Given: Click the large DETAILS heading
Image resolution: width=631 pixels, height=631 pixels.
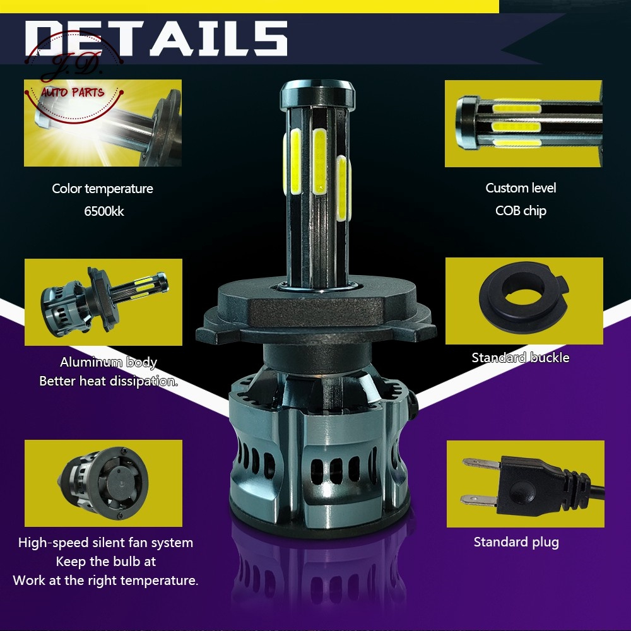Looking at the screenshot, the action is [156, 38].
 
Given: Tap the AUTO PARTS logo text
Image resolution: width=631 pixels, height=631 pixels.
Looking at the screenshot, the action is [73, 93].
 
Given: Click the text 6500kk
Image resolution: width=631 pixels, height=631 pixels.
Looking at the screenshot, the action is [104, 211].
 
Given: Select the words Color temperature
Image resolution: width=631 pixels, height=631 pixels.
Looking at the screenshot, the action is [102, 189].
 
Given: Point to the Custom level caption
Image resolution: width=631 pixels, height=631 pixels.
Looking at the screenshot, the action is [521, 188].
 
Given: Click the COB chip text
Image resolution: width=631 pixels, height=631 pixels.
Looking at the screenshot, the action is [521, 211].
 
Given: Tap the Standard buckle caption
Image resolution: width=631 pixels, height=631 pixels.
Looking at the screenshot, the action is [521, 358].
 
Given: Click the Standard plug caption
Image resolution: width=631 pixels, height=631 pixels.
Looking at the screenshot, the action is [516, 542].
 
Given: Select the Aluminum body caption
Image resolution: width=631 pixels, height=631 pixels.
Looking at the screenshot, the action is [109, 362].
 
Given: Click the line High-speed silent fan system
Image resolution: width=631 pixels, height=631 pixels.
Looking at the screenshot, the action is [105, 543].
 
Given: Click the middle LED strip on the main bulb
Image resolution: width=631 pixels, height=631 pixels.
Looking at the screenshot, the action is [319, 161].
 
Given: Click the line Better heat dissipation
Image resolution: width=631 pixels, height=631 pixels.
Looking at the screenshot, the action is [109, 381].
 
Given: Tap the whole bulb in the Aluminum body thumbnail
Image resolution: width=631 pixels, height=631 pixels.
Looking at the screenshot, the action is [104, 300].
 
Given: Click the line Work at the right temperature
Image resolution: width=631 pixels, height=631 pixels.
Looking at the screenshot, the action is [105, 581].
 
